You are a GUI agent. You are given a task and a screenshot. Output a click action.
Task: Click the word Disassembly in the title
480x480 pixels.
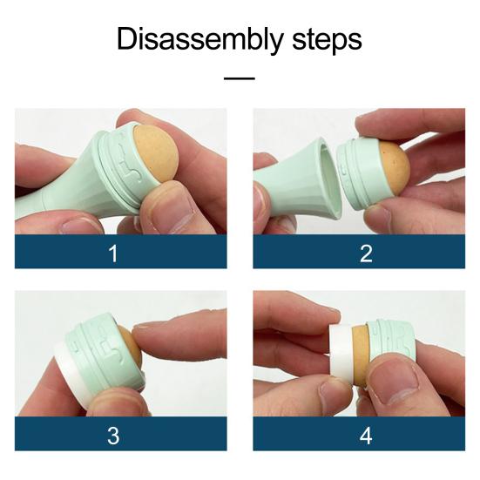[x=199, y=39]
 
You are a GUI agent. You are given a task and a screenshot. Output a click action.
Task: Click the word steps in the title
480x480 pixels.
[x=327, y=40]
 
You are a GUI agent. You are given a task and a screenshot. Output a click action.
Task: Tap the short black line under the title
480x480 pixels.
[x=240, y=78]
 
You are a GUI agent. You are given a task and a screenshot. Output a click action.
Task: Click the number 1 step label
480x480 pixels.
[x=113, y=254]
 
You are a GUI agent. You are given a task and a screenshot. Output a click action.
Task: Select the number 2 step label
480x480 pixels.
[x=366, y=254]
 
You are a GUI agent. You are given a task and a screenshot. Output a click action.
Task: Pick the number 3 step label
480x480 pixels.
[x=113, y=436]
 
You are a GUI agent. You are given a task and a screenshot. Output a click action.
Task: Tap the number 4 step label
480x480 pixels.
[x=366, y=436]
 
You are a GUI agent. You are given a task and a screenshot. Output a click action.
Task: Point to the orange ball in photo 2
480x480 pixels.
[x=394, y=168]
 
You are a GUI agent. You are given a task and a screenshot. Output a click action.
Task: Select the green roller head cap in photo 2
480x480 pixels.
[x=358, y=173]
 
